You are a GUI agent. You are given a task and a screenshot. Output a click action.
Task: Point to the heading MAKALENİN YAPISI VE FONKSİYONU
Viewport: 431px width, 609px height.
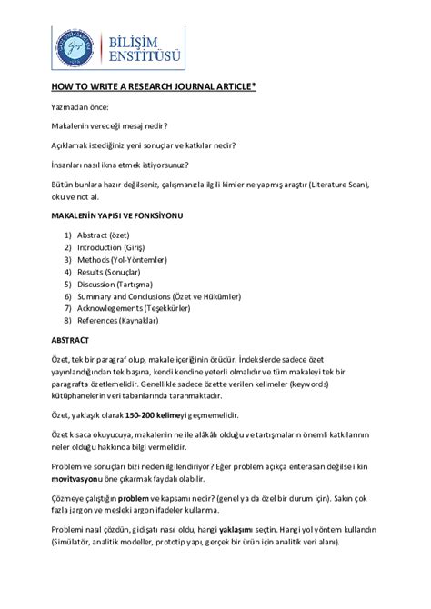tap(115, 216)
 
